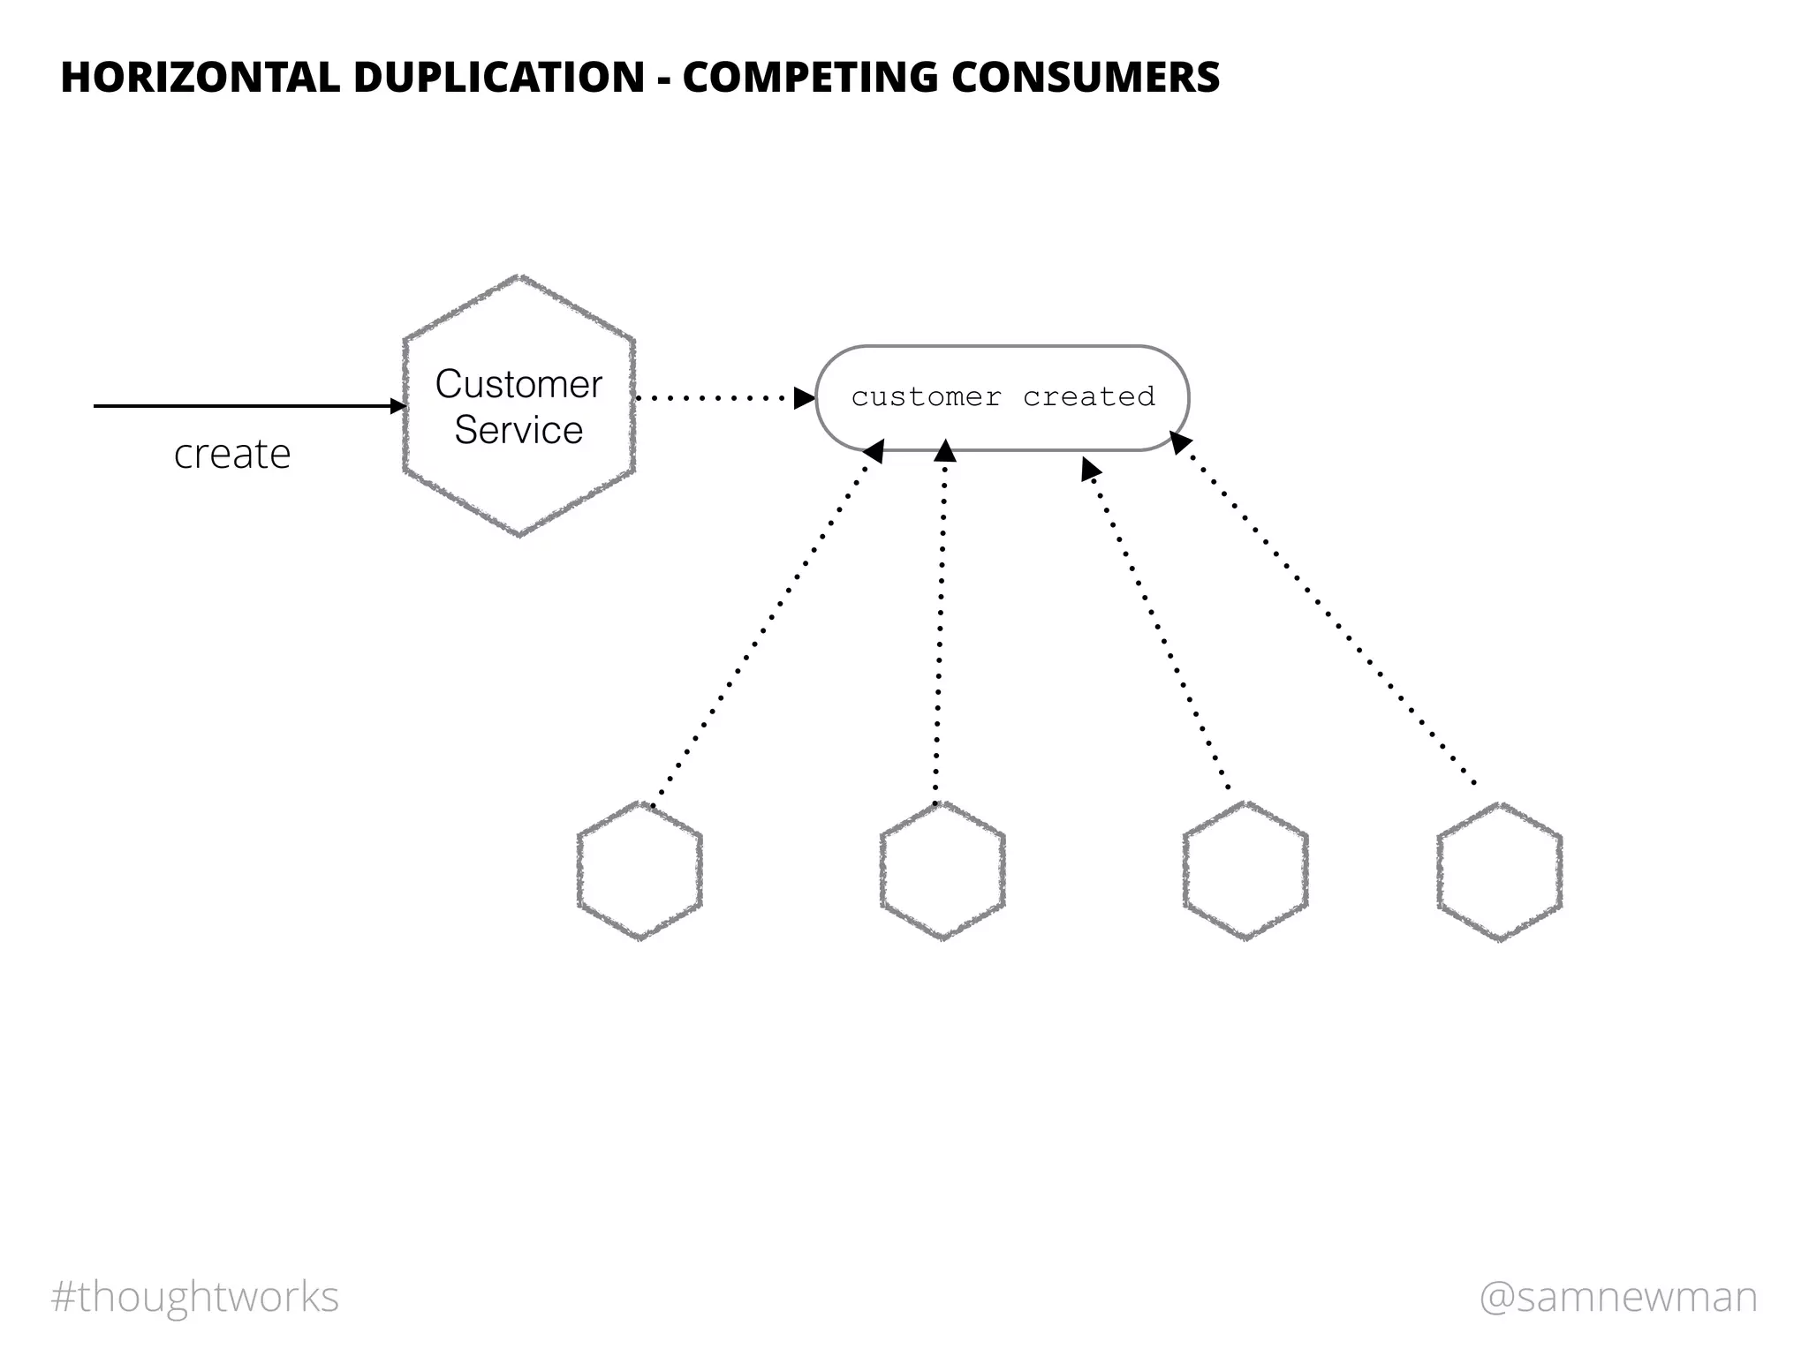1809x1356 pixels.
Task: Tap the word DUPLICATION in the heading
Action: [499, 78]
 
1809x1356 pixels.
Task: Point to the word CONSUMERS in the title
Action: [1085, 78]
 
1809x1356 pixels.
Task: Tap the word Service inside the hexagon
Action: [518, 431]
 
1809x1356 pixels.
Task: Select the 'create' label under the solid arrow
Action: [232, 455]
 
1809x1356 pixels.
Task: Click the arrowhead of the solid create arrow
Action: [398, 406]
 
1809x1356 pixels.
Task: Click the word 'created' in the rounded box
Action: [1088, 397]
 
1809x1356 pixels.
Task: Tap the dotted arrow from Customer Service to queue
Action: [715, 398]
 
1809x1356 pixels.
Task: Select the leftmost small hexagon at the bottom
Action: [640, 870]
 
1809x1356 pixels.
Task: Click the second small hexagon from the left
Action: [942, 870]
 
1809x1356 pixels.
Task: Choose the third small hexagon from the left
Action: [1245, 870]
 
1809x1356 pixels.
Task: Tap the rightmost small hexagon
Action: [1499, 871]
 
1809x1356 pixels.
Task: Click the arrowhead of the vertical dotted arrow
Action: [945, 451]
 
